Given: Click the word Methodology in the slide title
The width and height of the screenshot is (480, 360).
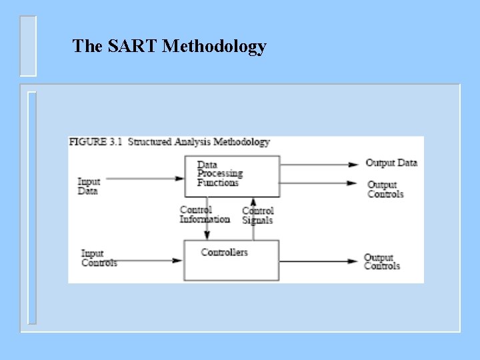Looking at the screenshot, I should pyautogui.click(x=214, y=47).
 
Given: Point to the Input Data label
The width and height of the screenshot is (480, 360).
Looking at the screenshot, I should pyautogui.click(x=89, y=186).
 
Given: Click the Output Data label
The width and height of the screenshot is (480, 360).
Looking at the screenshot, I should pyautogui.click(x=391, y=163).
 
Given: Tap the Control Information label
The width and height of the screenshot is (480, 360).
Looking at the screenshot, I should pyautogui.click(x=204, y=214).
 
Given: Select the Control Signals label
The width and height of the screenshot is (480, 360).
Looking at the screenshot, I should pyautogui.click(x=257, y=215).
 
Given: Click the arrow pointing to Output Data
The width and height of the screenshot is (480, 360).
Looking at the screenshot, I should pyautogui.click(x=319, y=164).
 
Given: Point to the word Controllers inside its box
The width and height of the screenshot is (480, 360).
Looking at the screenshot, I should pyautogui.click(x=224, y=252).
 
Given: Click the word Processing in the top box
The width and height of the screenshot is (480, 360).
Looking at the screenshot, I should pyautogui.click(x=220, y=173).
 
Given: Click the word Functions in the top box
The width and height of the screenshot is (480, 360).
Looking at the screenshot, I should pyautogui.click(x=217, y=183).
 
